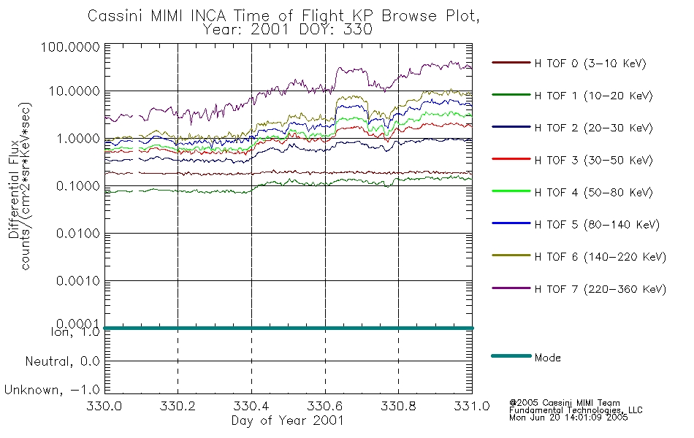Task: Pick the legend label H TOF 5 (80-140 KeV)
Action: point(597,225)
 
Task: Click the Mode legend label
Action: point(547,358)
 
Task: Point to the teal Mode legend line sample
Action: point(511,356)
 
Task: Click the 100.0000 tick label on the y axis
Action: point(70,47)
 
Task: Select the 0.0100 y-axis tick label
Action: point(78,233)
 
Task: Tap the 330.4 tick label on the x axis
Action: point(251,406)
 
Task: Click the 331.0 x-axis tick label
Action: point(472,406)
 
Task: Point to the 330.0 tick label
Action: point(104,406)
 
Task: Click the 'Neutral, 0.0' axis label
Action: point(62,361)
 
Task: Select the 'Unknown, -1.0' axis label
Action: point(52,390)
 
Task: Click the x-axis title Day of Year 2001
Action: point(288,420)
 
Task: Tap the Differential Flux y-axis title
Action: point(14,189)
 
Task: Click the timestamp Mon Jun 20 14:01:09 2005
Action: point(568,418)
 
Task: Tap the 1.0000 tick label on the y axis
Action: point(78,139)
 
